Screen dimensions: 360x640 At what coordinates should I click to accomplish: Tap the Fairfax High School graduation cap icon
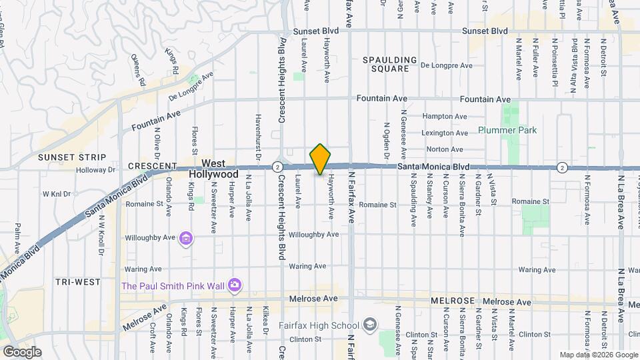coord(369,325)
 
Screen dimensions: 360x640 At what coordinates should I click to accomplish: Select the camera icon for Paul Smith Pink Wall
coord(234,286)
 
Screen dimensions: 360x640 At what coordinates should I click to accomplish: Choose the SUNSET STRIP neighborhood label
coord(72,157)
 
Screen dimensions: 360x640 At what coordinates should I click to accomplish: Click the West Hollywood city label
coord(213,168)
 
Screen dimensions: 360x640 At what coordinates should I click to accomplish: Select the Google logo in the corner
coord(21,352)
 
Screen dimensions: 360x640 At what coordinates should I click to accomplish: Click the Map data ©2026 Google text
coord(598,355)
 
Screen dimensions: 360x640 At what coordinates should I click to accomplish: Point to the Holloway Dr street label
coord(96,170)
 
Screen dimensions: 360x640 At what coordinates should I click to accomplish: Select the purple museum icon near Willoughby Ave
coord(186,238)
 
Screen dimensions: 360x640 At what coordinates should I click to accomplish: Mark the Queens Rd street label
coord(138,71)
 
